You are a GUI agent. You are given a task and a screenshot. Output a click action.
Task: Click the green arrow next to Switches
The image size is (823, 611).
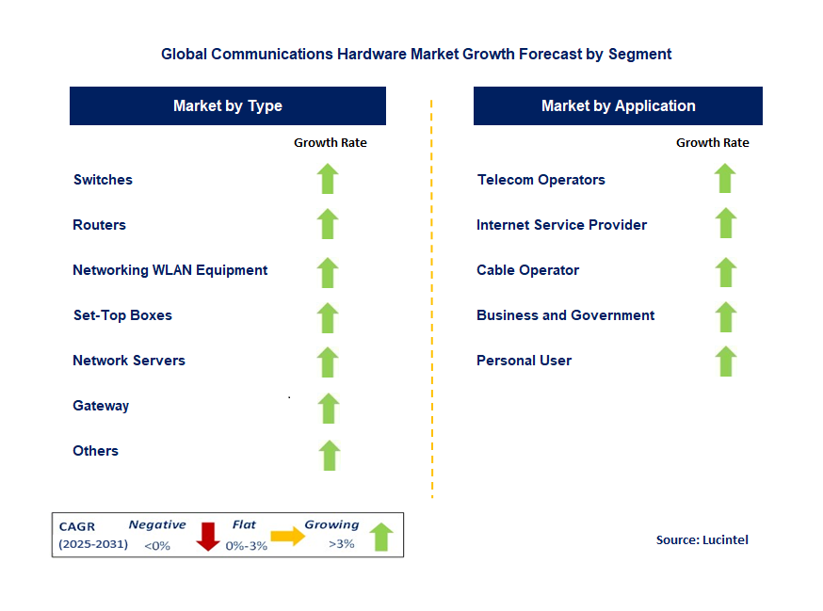[328, 179]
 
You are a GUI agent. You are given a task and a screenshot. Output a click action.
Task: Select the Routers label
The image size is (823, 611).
[99, 225]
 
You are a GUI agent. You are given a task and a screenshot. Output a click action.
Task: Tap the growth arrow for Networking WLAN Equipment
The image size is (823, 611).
[328, 272]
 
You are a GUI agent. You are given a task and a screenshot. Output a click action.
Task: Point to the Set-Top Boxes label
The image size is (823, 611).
[122, 315]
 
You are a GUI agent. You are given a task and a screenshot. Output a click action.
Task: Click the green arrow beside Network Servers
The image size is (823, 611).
[328, 362]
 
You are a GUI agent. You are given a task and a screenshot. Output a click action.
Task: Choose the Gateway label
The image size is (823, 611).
[101, 406]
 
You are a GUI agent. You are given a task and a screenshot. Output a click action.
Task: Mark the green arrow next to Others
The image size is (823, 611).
[329, 455]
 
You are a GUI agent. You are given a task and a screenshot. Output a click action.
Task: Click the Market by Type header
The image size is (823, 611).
[228, 106]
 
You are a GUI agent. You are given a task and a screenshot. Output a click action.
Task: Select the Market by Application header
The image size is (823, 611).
[618, 106]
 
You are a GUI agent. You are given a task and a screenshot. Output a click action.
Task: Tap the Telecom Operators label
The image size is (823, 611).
[541, 180]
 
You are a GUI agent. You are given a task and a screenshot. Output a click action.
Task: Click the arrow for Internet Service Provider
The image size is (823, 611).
[725, 223]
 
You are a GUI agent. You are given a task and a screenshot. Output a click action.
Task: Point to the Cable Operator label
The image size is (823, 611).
[527, 270]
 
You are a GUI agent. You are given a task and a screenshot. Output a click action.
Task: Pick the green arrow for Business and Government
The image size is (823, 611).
[725, 317]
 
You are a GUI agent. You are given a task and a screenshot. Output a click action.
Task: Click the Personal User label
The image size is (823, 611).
[524, 361]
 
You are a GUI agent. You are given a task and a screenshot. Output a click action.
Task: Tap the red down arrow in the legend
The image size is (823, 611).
[208, 536]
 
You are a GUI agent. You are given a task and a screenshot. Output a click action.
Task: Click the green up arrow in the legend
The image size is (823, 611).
[380, 537]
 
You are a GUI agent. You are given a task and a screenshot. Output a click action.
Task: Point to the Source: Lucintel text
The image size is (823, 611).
[702, 539]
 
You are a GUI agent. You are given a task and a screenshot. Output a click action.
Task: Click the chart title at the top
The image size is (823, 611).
[416, 54]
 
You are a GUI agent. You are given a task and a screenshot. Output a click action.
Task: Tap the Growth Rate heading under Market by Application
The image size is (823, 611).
[712, 143]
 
